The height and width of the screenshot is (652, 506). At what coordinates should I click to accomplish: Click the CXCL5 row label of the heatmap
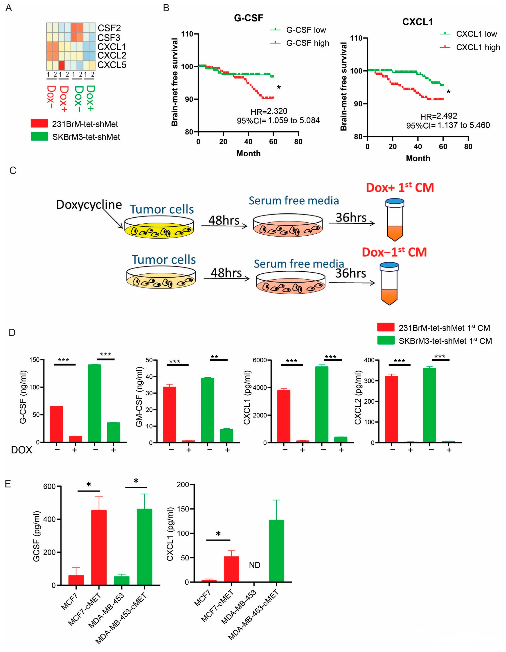(x=112, y=65)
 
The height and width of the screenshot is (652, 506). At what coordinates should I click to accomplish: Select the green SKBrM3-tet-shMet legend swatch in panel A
(x=39, y=136)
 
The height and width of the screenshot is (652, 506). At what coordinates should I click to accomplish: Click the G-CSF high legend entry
(x=307, y=43)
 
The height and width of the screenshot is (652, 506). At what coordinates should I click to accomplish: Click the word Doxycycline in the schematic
(x=89, y=205)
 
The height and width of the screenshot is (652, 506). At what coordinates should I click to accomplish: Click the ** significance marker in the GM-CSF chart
(x=214, y=357)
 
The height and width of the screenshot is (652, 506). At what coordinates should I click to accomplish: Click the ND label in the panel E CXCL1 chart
(x=255, y=565)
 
